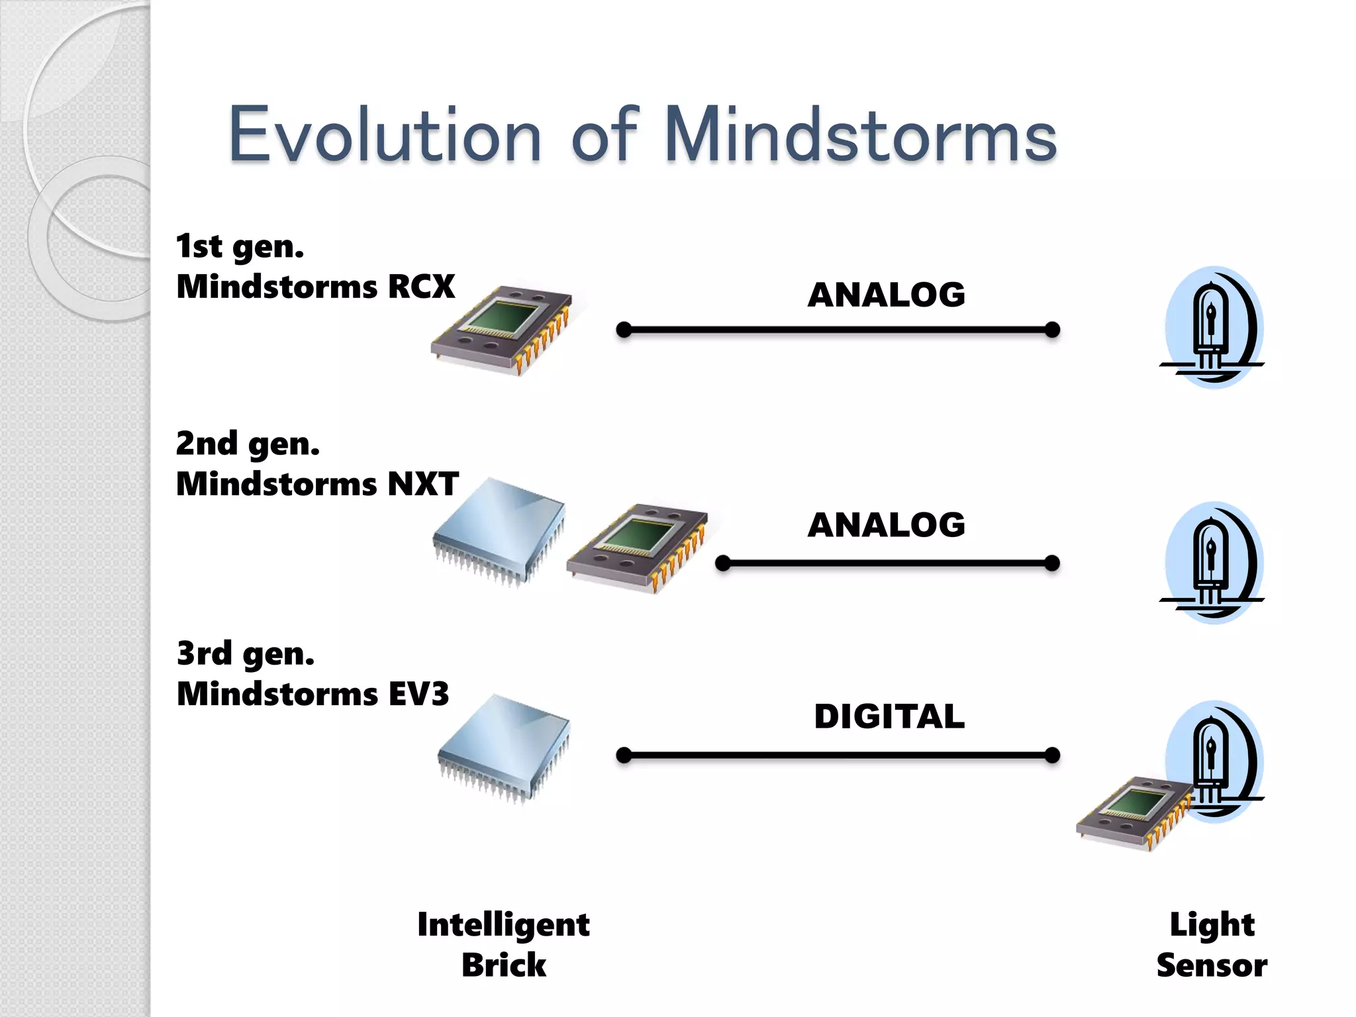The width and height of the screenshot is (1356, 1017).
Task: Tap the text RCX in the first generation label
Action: [x=421, y=287]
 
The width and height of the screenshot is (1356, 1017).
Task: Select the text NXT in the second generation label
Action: [x=423, y=484]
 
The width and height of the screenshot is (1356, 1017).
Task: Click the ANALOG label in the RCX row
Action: [x=886, y=295]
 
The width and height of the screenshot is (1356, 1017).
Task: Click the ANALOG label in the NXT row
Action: [x=886, y=525]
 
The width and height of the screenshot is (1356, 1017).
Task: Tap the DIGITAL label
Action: [x=889, y=716]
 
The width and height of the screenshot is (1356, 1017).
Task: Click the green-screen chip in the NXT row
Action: [x=637, y=547]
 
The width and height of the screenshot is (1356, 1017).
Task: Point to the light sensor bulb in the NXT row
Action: [x=1213, y=563]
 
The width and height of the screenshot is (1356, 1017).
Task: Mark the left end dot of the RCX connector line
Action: [x=624, y=330]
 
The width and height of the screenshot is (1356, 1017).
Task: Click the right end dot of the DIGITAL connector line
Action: [x=1052, y=755]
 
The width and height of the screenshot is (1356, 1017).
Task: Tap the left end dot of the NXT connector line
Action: [x=723, y=563]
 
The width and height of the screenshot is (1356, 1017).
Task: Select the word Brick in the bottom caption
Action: [x=504, y=965]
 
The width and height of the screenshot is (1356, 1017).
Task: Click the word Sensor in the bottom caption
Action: [x=1212, y=965]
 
